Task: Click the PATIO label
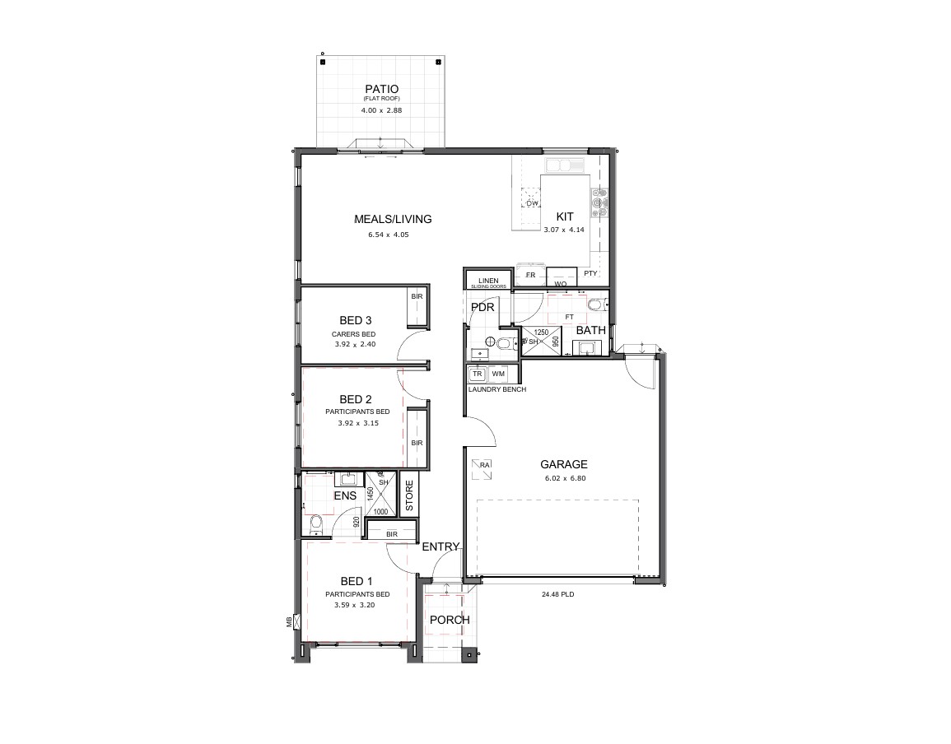pyautogui.click(x=381, y=89)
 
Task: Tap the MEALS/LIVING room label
pyautogui.click(x=392, y=219)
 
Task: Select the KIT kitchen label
pyautogui.click(x=564, y=216)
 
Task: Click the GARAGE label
pyautogui.click(x=564, y=464)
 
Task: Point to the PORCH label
pyautogui.click(x=450, y=620)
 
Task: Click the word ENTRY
pyautogui.click(x=441, y=546)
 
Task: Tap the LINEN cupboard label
pyautogui.click(x=487, y=281)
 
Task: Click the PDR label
pyautogui.click(x=482, y=308)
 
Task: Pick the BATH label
pyautogui.click(x=590, y=330)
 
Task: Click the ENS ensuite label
pyautogui.click(x=344, y=495)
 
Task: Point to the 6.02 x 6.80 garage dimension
pyautogui.click(x=564, y=478)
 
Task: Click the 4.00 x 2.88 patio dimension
pyautogui.click(x=381, y=110)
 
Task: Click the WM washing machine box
pyautogui.click(x=498, y=374)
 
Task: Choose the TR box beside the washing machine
pyautogui.click(x=477, y=374)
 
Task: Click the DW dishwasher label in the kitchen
pyautogui.click(x=532, y=202)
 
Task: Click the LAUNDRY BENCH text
pyautogui.click(x=496, y=389)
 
